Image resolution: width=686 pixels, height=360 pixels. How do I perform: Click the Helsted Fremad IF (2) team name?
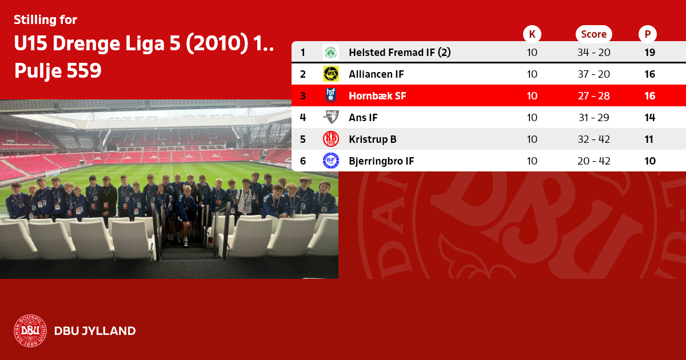click(x=400, y=53)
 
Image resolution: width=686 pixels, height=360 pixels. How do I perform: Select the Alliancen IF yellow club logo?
click(x=331, y=74)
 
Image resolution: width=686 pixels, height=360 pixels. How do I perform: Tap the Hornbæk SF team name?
click(x=377, y=96)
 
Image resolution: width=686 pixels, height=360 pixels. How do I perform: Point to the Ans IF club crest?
click(x=331, y=117)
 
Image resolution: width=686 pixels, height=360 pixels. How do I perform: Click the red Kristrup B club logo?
click(x=331, y=139)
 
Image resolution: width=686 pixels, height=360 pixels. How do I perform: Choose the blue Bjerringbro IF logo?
click(x=331, y=161)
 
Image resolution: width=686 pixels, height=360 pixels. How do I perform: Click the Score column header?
click(x=594, y=34)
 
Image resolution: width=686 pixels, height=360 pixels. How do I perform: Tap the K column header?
click(x=532, y=34)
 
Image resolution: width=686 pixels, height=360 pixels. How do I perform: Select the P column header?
click(x=647, y=34)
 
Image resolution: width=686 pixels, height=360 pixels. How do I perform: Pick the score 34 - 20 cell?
click(x=594, y=53)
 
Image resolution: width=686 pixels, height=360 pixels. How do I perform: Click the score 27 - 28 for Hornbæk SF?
click(x=594, y=96)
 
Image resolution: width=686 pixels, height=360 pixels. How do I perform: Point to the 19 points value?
click(x=649, y=53)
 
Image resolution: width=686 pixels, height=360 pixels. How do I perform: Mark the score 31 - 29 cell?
click(x=594, y=118)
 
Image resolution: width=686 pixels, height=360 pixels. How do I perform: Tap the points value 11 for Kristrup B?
click(x=649, y=139)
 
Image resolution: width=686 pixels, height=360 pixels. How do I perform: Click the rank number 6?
click(x=303, y=161)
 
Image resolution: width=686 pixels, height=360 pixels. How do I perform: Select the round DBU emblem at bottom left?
click(x=30, y=331)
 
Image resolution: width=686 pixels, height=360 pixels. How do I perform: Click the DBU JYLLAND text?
click(x=95, y=331)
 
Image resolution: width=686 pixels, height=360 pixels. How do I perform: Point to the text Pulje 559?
click(x=58, y=70)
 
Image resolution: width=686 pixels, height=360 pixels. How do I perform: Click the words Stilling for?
click(x=45, y=20)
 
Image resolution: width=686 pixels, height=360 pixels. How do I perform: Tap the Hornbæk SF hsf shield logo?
click(x=331, y=95)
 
